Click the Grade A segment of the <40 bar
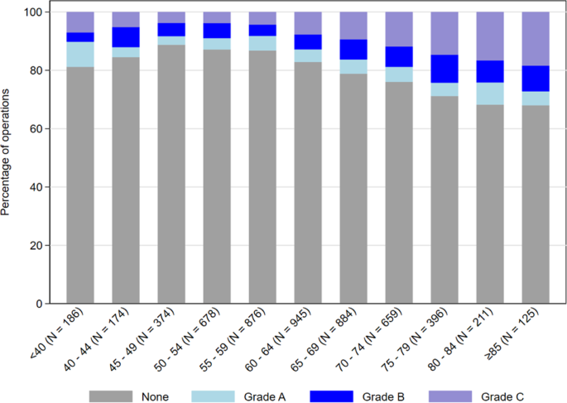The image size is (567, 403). tap(80, 54)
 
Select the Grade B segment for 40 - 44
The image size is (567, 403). tap(126, 37)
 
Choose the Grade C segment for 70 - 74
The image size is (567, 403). tap(397, 29)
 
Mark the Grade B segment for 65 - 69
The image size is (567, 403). tap(353, 50)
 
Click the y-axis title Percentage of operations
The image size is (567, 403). tap(7, 157)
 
